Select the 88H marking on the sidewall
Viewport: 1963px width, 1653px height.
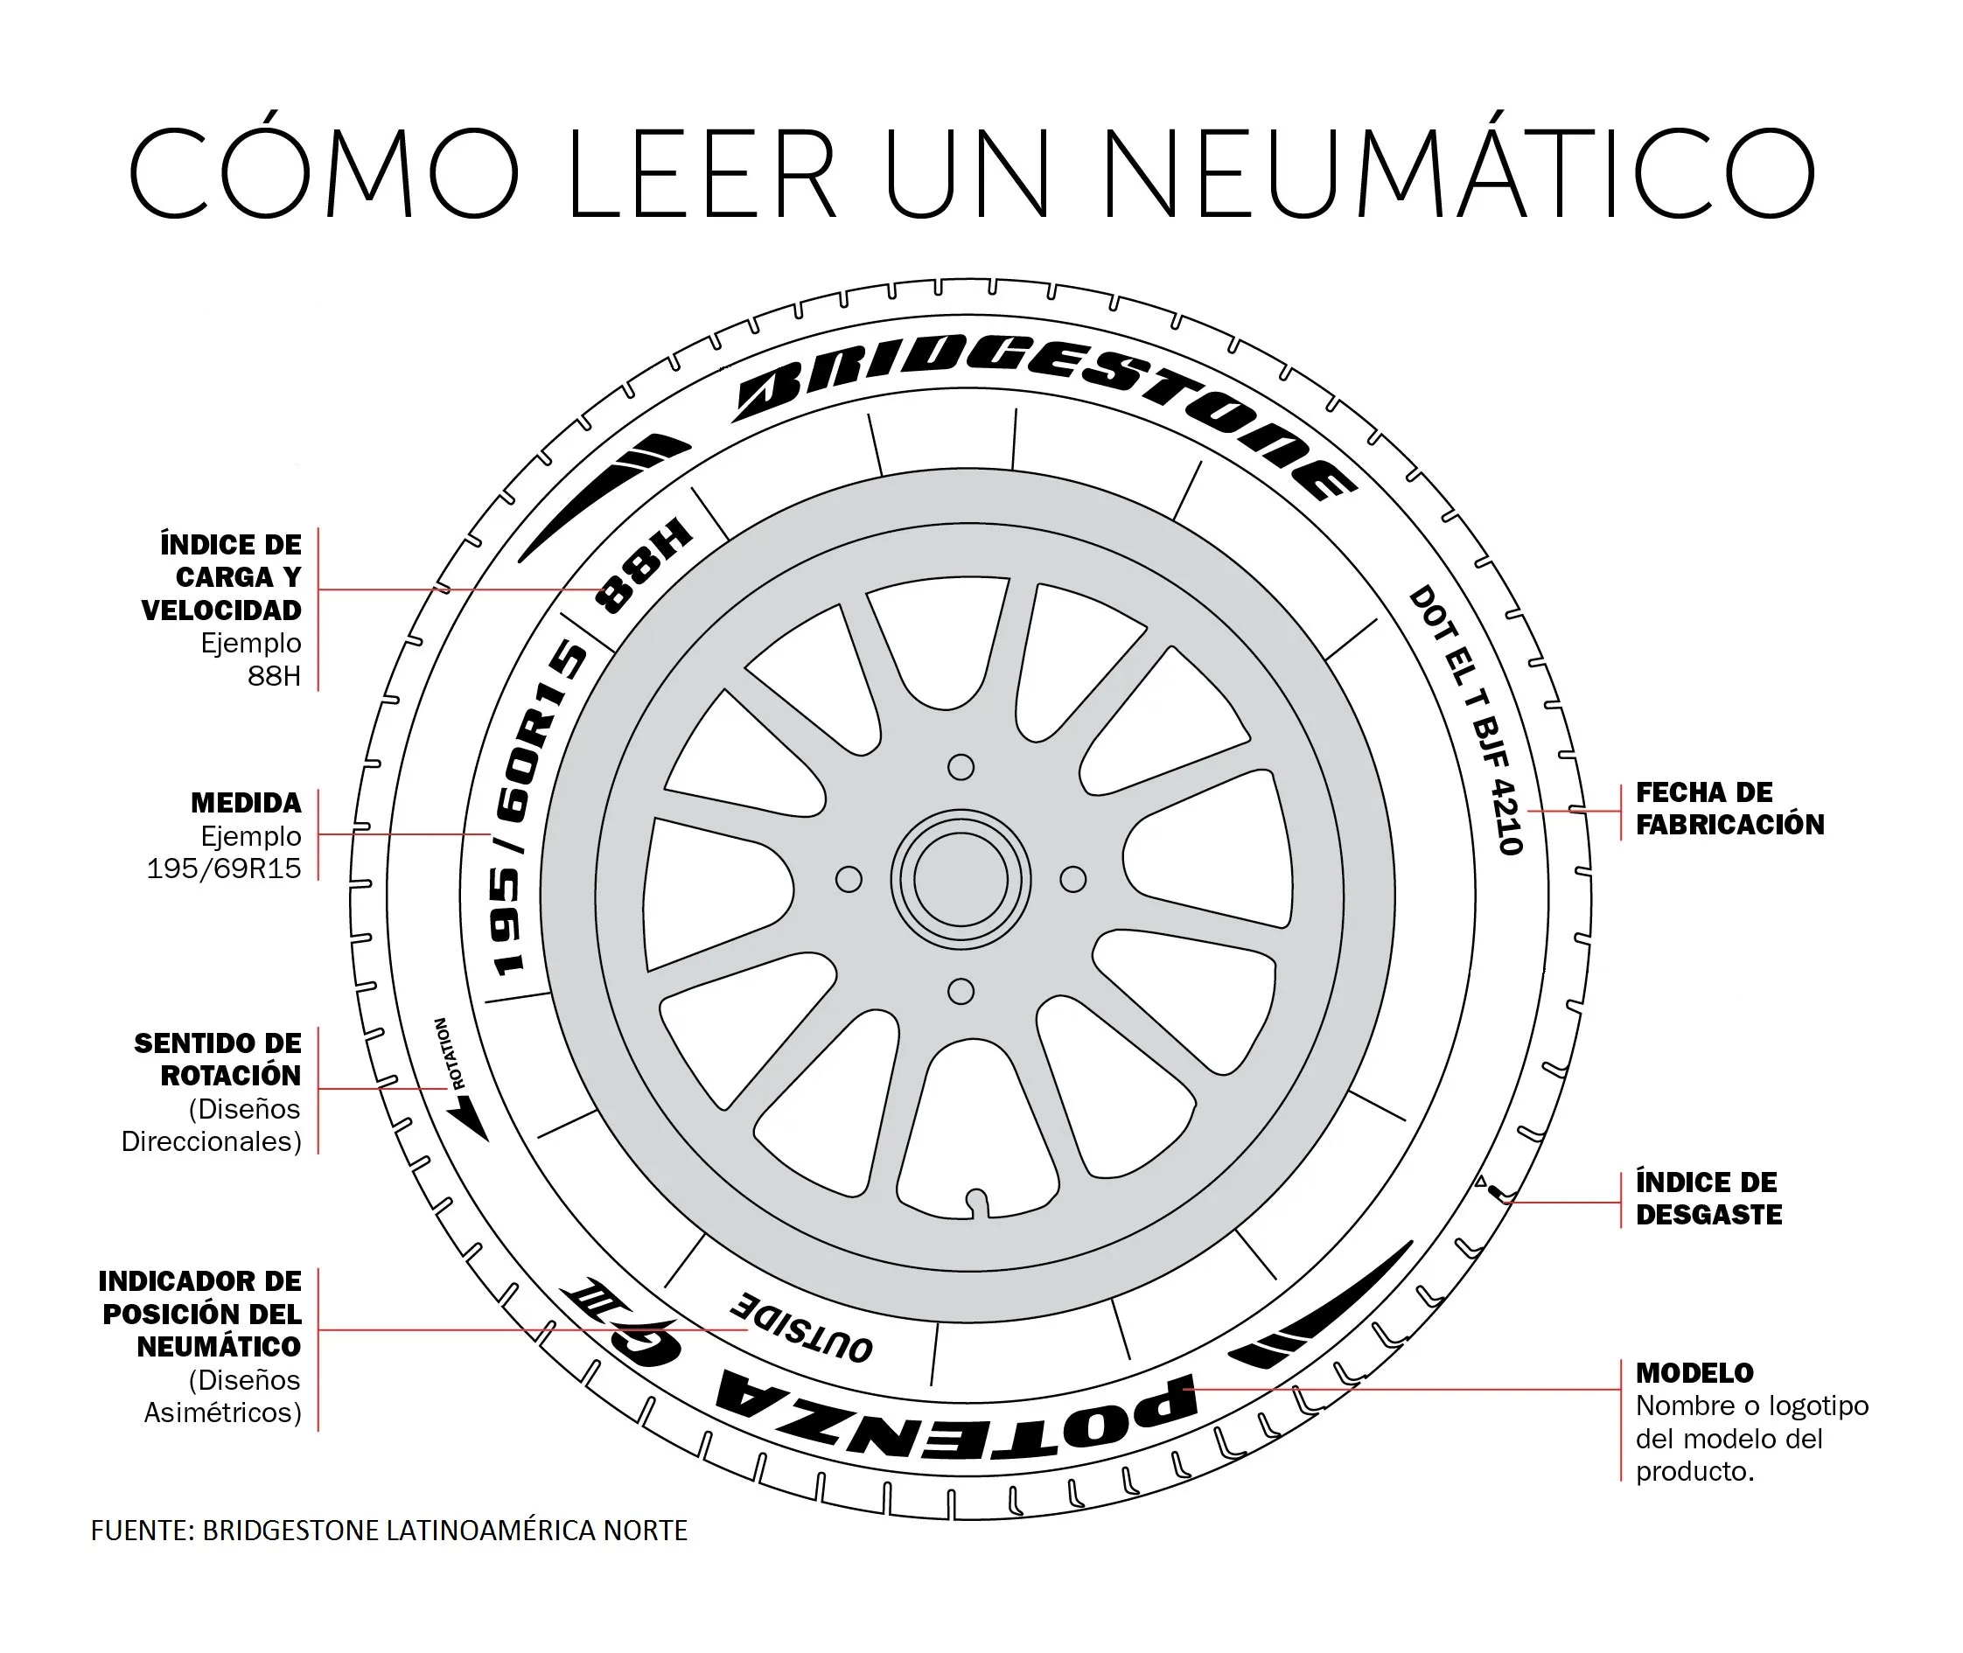coord(644,566)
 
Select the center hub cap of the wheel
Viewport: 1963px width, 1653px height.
coord(961,880)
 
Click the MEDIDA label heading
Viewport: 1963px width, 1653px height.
coord(246,803)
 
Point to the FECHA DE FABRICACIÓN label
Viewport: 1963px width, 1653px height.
coord(1729,809)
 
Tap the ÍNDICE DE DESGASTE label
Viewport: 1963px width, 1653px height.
coord(1708,1198)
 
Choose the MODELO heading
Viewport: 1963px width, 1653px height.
coord(1694,1373)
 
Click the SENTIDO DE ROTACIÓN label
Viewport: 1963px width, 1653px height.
coord(218,1060)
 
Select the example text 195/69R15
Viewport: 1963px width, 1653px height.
coord(224,868)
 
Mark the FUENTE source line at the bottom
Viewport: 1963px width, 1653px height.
coord(389,1531)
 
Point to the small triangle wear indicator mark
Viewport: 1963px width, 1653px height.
coord(1480,1182)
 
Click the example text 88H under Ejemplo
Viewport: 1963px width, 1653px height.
coord(274,675)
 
